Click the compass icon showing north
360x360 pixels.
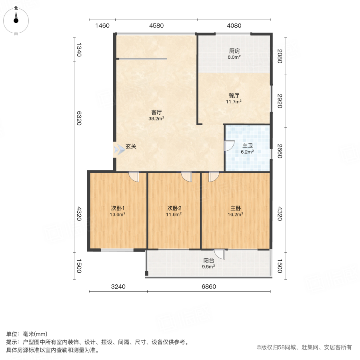16,19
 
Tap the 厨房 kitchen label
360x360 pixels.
234,51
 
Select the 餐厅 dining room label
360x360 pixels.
234,96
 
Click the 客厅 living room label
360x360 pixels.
156,112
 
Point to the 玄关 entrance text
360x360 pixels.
131,147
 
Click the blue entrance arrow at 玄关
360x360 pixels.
119,150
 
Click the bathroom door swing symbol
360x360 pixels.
229,146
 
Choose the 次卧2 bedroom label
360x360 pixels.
174,208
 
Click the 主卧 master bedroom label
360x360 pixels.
236,208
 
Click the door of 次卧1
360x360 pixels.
134,176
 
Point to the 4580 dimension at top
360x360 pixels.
156,26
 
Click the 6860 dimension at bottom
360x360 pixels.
209,287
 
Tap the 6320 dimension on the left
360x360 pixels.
79,118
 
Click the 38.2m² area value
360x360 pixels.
156,118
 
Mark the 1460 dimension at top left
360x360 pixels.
102,26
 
